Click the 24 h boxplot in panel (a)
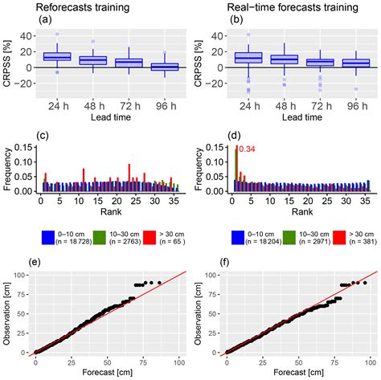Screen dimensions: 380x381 57,57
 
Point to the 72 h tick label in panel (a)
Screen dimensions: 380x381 129,105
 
